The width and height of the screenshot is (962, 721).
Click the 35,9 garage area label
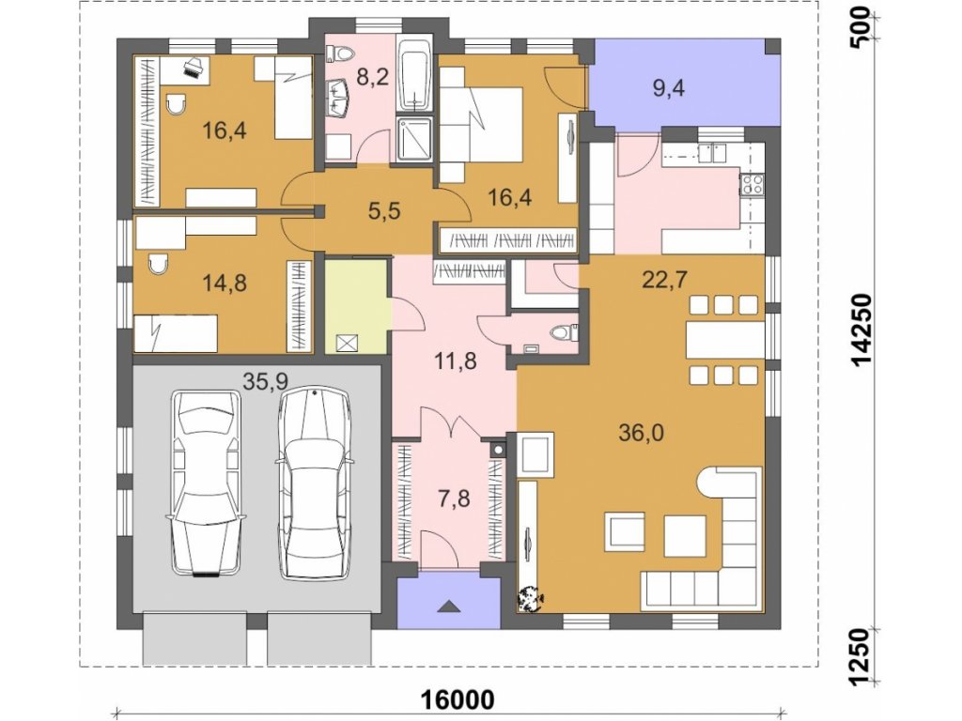pos(266,381)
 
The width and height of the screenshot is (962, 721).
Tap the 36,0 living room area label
pos(641,434)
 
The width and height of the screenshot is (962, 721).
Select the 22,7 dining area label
pos(664,280)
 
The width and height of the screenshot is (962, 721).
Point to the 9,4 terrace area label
pos(668,88)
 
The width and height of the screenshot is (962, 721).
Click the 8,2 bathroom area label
pos(373,78)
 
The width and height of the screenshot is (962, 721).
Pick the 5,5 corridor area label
pos(384,211)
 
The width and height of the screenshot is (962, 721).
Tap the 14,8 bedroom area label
pos(225,283)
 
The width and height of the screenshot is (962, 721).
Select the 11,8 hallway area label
pos(456,361)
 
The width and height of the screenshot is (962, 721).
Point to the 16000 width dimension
pos(458,699)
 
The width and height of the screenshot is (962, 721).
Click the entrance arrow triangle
pos(450,606)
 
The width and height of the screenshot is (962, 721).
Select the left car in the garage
pos(205,483)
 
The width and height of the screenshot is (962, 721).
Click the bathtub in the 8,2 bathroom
pos(414,75)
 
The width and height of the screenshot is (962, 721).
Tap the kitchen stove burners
pos(753,185)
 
